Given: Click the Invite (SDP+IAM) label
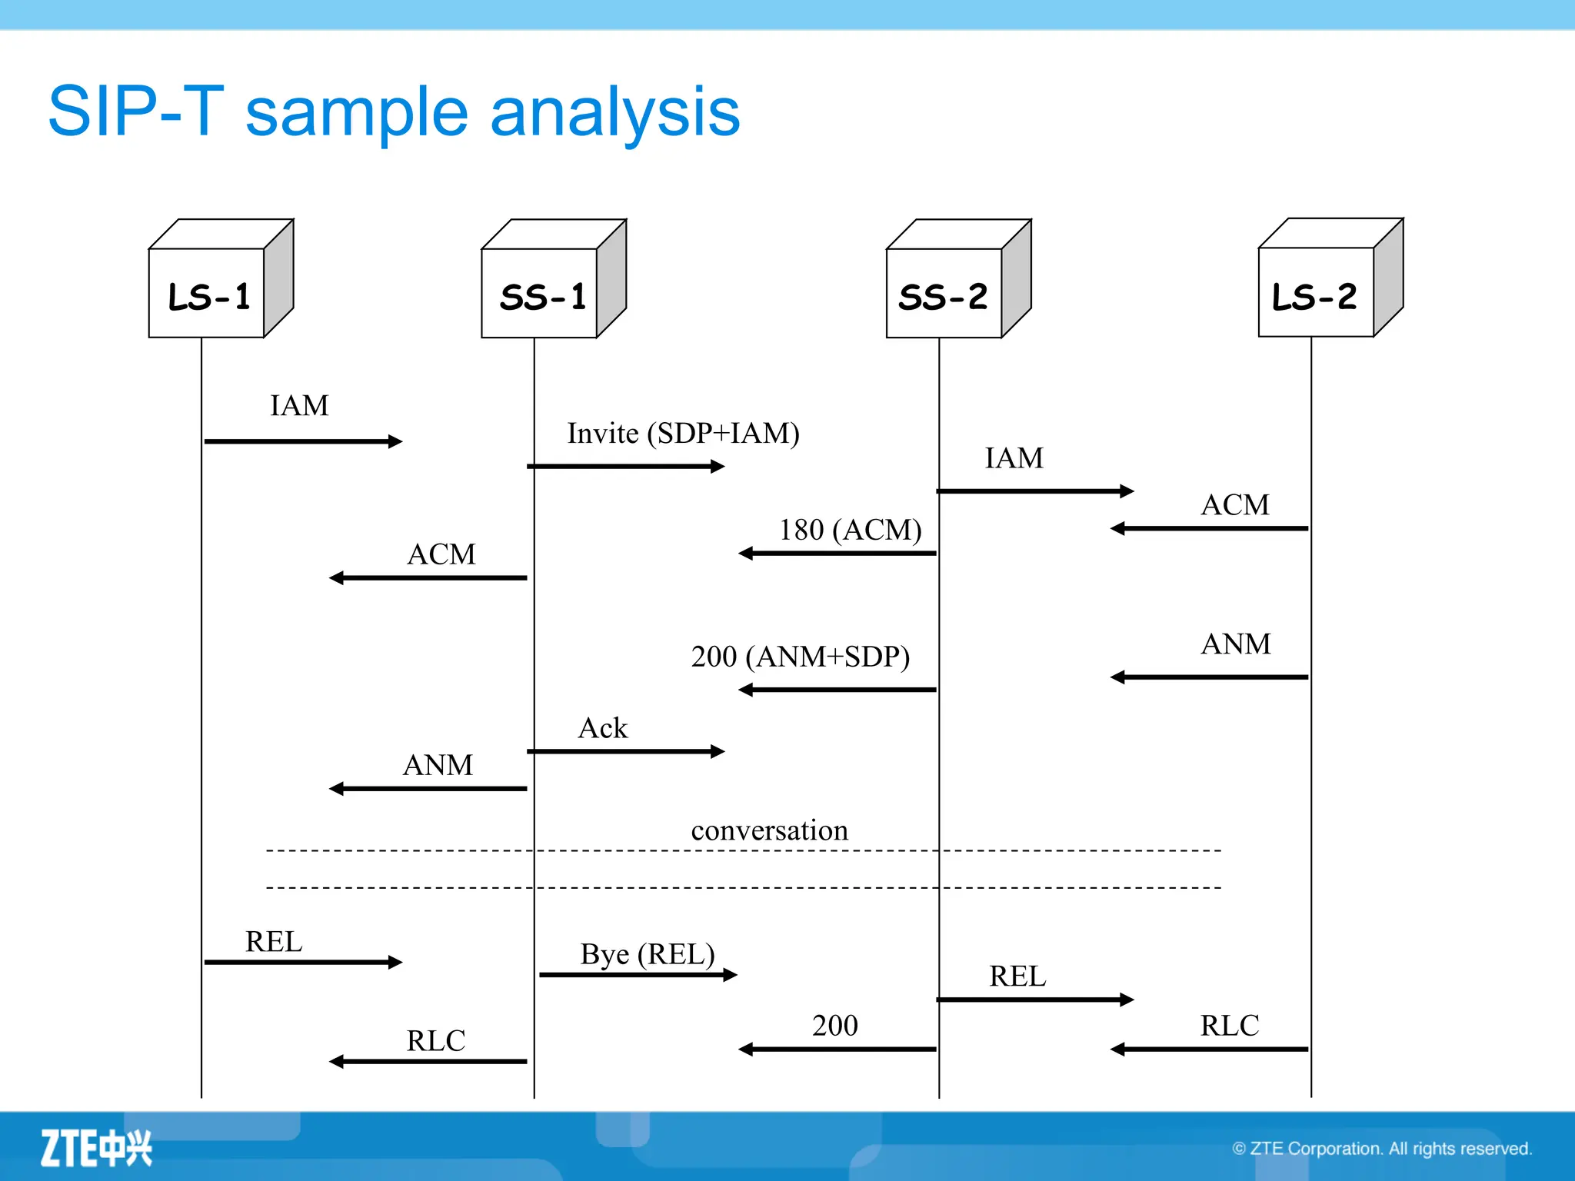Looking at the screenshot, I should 683,434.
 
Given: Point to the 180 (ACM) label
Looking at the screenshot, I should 850,530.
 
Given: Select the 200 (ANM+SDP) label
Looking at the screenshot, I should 800,657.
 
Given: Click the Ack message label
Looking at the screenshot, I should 602,728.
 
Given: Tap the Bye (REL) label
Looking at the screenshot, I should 648,954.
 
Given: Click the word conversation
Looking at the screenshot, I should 769,830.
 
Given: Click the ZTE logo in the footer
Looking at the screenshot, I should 96,1148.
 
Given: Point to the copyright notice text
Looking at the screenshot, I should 1382,1149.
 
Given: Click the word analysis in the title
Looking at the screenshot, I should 614,112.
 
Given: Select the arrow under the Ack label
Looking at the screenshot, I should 626,751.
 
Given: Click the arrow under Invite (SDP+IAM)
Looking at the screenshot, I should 626,466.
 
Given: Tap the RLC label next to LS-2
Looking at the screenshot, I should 1229,1026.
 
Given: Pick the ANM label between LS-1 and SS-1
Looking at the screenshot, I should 438,765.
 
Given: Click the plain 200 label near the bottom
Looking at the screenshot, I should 834,1026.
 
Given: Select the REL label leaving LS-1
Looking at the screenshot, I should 274,942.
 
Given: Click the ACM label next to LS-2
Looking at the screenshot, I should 1235,505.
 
